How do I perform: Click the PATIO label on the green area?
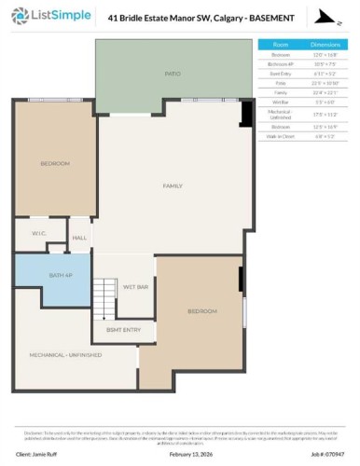click(173, 71)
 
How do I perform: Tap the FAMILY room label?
click(173, 186)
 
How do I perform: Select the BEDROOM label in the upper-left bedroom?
click(54, 164)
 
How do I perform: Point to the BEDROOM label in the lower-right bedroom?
click(201, 310)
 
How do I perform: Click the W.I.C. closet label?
click(38, 233)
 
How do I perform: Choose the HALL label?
click(79, 238)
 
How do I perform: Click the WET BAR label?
click(136, 288)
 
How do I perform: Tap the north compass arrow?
click(323, 18)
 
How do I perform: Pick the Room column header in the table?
click(281, 44)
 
